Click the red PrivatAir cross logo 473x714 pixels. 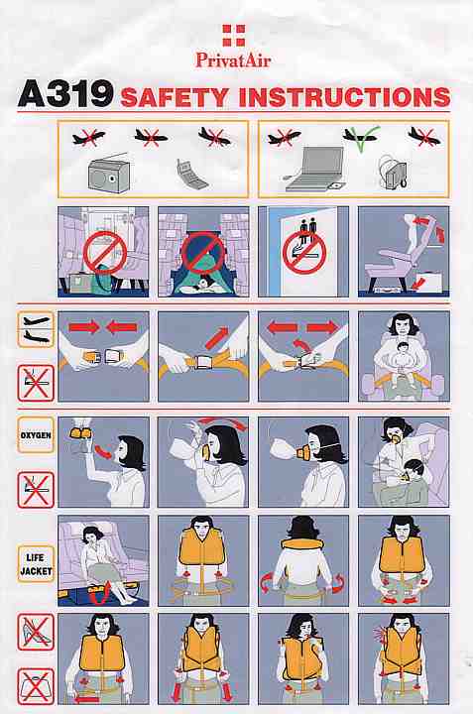[x=234, y=36]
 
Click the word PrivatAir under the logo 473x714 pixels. [x=233, y=59]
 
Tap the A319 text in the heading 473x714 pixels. [x=65, y=94]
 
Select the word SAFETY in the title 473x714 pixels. [x=175, y=97]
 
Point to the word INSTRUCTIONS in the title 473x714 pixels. [x=344, y=97]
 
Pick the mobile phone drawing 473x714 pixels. [x=191, y=174]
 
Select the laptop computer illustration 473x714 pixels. [x=313, y=169]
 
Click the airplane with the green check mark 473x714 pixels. [x=361, y=137]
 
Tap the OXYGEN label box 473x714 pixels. [x=36, y=435]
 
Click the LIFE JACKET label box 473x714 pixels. [x=36, y=564]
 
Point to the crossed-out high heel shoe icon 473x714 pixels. [x=36, y=632]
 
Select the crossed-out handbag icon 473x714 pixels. [x=36, y=686]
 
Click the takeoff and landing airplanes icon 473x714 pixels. [x=36, y=329]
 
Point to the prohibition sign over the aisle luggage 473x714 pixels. [x=104, y=253]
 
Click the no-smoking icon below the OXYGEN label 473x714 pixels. [x=36, y=490]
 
